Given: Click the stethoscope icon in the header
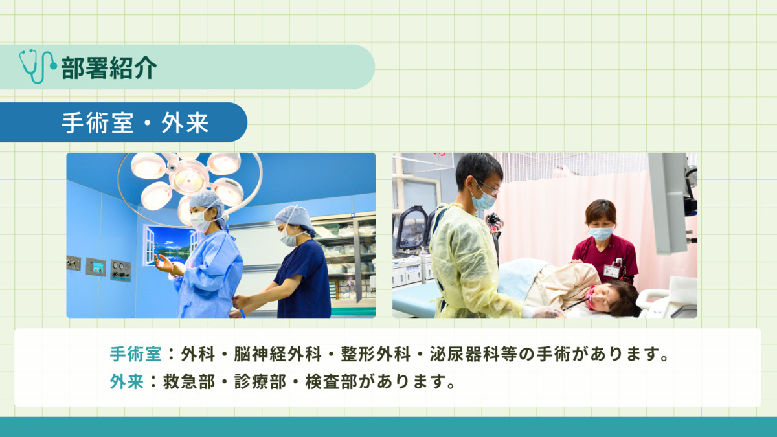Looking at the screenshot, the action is (38, 66).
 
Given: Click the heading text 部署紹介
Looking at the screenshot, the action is (109, 67).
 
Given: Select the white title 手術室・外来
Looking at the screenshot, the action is (135, 123).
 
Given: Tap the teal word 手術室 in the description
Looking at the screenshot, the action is (135, 354).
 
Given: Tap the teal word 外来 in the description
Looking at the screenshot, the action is (127, 381).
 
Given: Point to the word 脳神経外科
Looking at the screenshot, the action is (278, 354).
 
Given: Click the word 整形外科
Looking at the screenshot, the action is (376, 354).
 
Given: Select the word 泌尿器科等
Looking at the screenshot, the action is (473, 354).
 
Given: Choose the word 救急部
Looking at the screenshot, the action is (189, 381).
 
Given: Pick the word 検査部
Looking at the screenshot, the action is (331, 381).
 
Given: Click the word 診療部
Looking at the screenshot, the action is (260, 381).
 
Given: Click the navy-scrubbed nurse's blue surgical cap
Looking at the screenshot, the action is (295, 219).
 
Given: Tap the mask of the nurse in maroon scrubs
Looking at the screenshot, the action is (601, 234).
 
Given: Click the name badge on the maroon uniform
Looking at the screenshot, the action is (612, 269).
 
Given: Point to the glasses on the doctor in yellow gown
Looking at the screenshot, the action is (488, 186).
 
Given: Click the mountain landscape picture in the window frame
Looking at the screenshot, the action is (172, 245).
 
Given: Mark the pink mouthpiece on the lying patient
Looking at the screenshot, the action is (591, 298).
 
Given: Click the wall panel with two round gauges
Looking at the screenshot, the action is (120, 270).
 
